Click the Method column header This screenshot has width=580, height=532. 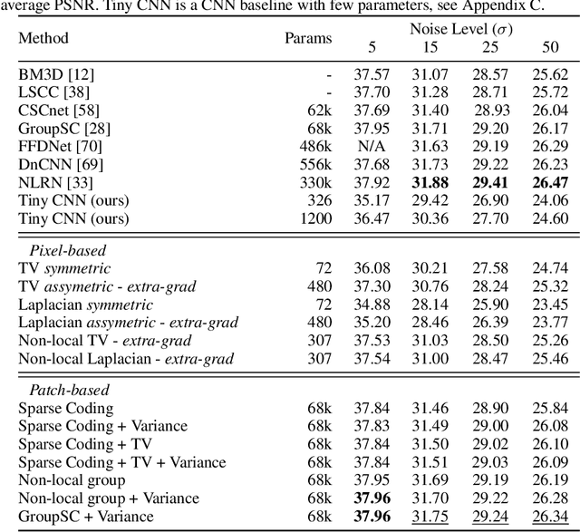[x=43, y=39]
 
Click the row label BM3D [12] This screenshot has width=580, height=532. [x=52, y=74]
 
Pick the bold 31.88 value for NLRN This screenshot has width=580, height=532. [x=433, y=182]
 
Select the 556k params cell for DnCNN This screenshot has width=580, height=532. [x=316, y=164]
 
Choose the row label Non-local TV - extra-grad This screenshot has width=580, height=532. [x=105, y=340]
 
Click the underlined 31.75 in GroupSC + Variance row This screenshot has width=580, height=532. [x=433, y=517]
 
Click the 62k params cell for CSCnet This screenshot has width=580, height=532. [x=319, y=110]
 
